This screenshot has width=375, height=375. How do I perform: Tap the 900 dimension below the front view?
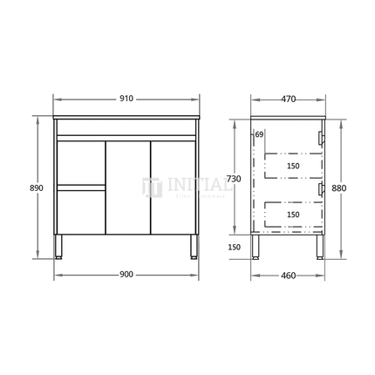point(126,275)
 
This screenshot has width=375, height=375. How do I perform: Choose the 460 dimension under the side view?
point(287,275)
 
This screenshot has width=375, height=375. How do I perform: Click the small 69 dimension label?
point(260,134)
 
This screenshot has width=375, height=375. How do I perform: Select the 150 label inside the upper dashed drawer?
point(293,166)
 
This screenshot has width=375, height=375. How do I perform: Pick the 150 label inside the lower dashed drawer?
point(293,214)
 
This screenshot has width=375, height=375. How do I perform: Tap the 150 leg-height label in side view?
point(234,247)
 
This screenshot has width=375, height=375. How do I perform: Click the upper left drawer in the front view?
point(79,162)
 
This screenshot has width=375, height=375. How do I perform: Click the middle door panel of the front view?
point(126,187)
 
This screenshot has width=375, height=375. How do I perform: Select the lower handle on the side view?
point(321,187)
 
